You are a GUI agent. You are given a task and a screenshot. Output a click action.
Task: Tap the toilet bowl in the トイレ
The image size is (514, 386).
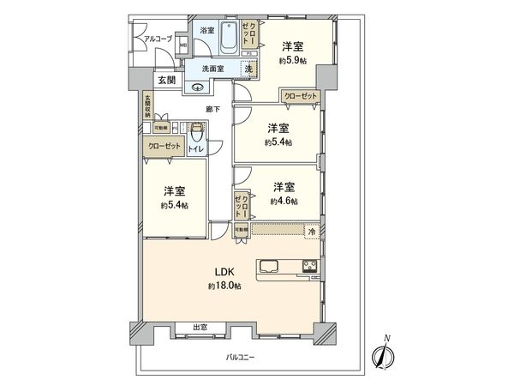click(198, 132)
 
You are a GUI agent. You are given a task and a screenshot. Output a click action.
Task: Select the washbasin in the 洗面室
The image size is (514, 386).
click(200, 85)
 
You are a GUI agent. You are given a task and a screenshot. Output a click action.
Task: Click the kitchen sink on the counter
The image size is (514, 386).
click(266, 264)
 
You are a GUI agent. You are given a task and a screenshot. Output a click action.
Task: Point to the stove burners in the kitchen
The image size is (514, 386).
click(308, 265)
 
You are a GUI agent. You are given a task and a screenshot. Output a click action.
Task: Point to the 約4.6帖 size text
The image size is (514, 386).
click(284, 201)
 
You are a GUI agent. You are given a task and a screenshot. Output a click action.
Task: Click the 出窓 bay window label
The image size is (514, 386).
click(200, 328)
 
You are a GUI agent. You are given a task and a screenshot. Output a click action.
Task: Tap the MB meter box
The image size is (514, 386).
click(183, 46)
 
